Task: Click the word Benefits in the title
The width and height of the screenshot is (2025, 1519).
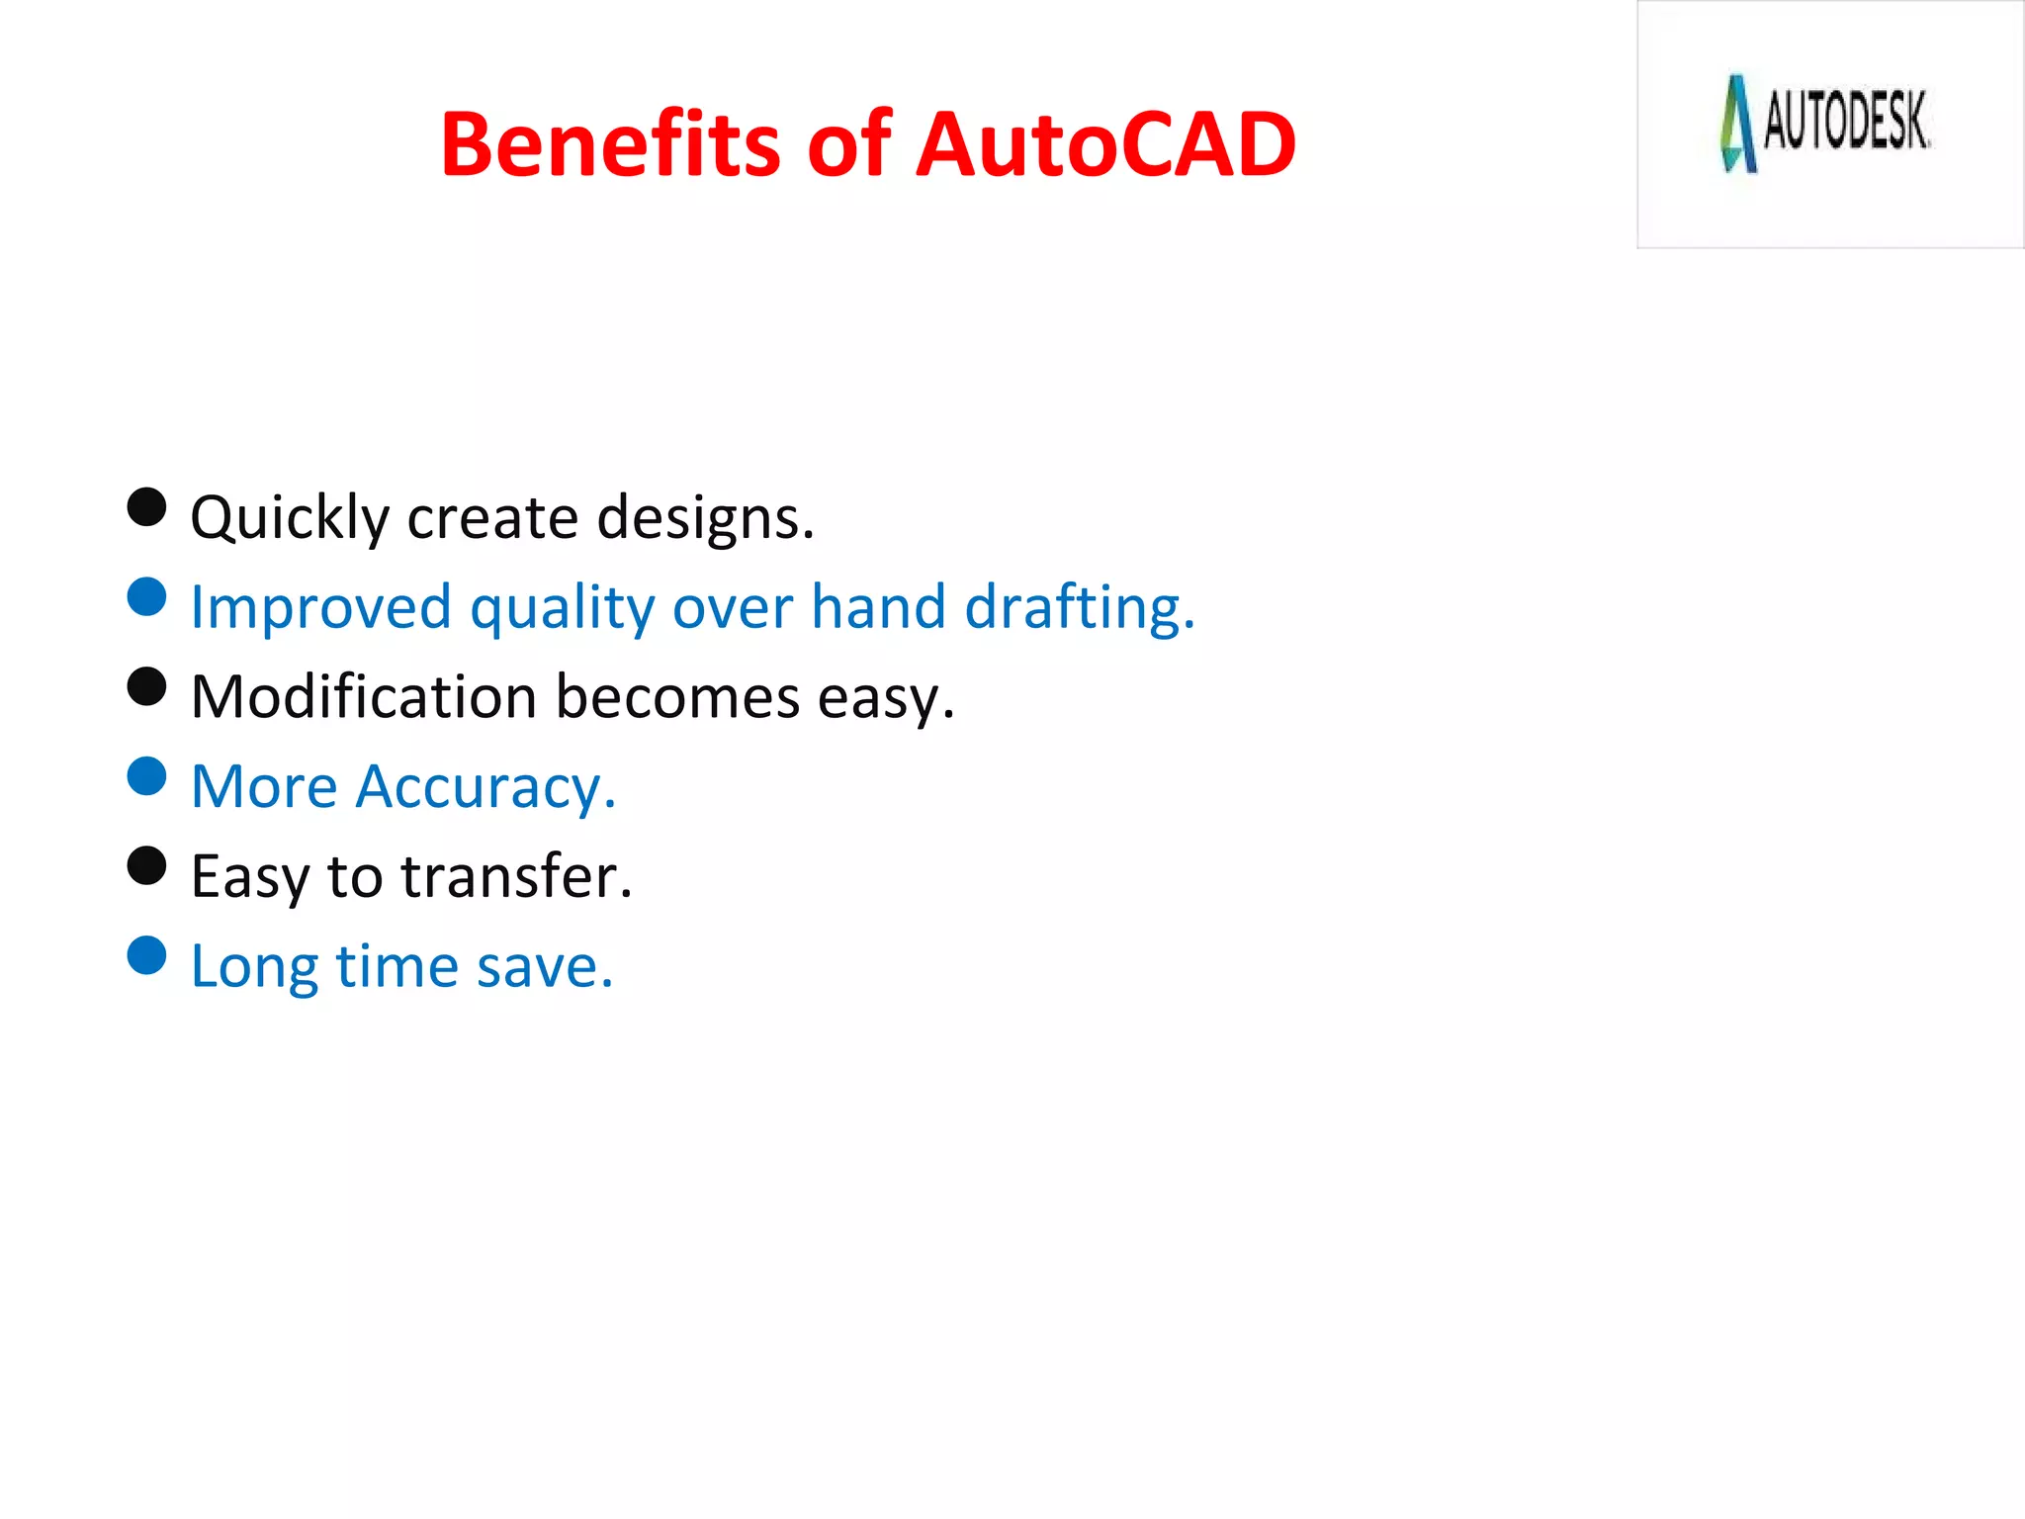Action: (611, 144)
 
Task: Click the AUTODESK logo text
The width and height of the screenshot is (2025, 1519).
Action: (1846, 122)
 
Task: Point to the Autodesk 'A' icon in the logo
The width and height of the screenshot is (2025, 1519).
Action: (1737, 124)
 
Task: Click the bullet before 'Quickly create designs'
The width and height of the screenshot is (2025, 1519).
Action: (146, 507)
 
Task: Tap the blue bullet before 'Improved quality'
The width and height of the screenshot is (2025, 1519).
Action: (146, 597)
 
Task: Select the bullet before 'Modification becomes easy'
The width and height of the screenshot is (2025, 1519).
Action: (146, 686)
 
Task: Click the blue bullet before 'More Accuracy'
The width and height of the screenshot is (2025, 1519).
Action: (146, 776)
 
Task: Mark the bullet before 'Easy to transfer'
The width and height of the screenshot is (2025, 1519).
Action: (146, 866)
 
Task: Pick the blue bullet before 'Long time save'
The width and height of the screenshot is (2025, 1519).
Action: (146, 956)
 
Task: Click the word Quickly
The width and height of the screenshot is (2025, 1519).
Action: (290, 518)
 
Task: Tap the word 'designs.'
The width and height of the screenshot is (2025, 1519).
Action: (706, 518)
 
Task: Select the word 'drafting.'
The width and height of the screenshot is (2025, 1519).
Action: (1080, 607)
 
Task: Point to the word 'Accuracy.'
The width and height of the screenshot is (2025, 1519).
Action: (485, 788)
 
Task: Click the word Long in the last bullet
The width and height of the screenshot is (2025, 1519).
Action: (254, 967)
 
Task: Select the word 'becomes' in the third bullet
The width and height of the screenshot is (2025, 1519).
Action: (677, 697)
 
